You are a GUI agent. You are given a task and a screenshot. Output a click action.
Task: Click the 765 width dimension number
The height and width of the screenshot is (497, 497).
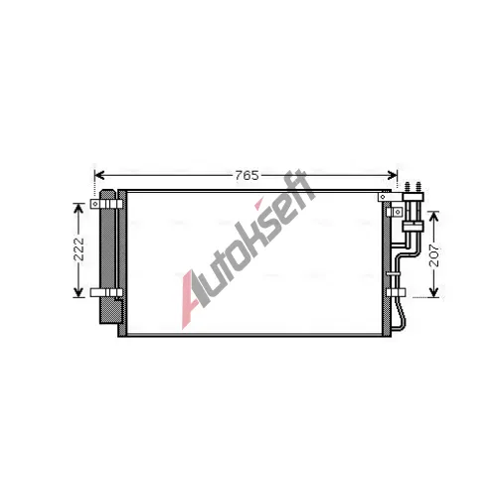(x=247, y=175)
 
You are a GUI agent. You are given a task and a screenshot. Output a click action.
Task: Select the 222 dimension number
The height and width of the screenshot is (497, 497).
(x=79, y=249)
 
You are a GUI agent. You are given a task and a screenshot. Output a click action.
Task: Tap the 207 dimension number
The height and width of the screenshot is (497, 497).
(x=433, y=255)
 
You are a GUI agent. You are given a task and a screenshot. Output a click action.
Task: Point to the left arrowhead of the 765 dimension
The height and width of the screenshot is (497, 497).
(x=99, y=175)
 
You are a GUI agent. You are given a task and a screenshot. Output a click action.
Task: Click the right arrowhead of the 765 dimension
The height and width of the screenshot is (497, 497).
(x=392, y=175)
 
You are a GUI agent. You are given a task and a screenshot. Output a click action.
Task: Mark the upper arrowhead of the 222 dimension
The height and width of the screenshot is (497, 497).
(x=79, y=208)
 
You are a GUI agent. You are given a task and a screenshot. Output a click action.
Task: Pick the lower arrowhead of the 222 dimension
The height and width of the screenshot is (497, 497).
(x=79, y=292)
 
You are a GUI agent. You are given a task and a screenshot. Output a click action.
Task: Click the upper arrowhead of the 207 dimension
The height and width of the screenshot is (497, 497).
(x=433, y=216)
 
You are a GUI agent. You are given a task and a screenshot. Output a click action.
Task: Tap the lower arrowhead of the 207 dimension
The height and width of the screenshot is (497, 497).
(x=433, y=292)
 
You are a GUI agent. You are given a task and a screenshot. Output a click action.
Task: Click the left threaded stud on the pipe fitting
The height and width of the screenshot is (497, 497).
(x=408, y=187)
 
